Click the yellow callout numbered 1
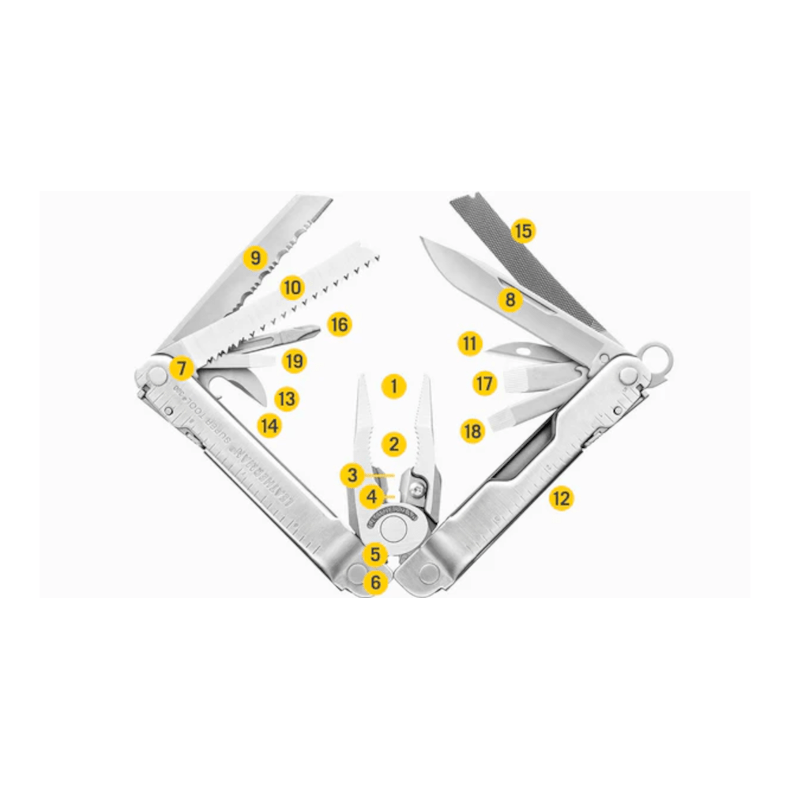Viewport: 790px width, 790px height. pos(393,386)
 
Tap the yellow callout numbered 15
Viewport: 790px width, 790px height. pos(522,231)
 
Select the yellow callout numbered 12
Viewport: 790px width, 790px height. pos(560,498)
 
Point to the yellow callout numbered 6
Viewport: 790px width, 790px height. pos(375,582)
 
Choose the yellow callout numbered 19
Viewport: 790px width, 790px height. pos(294,361)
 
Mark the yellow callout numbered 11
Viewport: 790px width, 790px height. pos(470,344)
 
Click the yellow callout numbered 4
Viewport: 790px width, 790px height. pos(371,498)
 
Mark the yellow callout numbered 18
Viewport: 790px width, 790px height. pos(472,431)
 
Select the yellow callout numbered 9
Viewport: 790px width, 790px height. pos(254,258)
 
